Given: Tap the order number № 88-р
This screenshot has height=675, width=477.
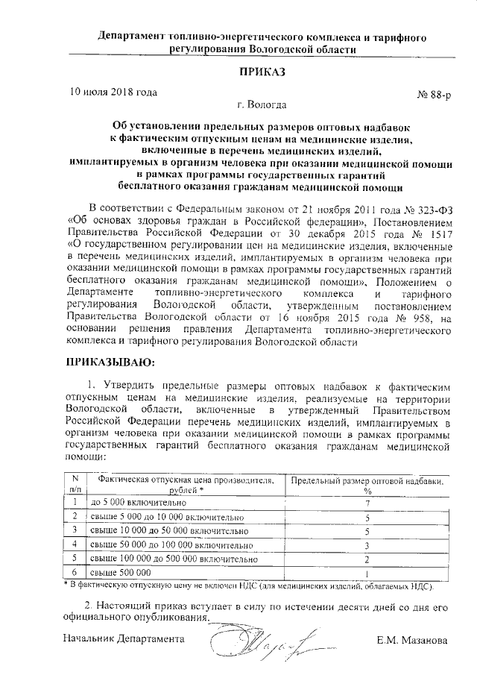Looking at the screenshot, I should coord(432,96).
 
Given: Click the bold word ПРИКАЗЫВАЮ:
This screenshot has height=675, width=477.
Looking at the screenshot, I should coord(110,362).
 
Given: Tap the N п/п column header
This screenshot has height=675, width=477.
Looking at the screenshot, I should coord(75,484).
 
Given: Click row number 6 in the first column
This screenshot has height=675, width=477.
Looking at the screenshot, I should coord(75,571).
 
